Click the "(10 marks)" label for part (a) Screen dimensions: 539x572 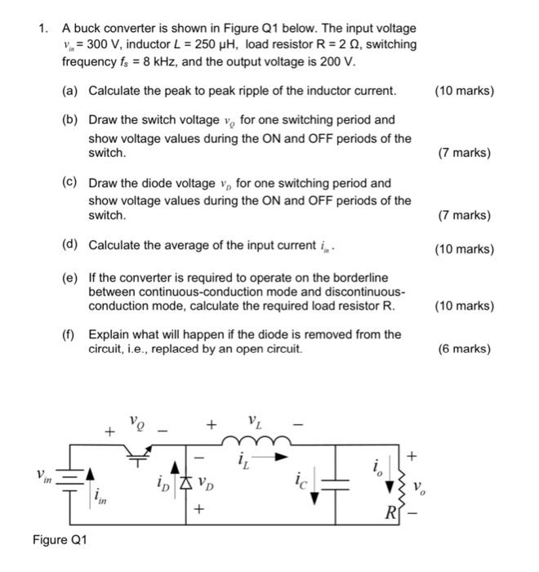[x=465, y=91]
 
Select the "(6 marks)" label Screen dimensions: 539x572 [x=465, y=349]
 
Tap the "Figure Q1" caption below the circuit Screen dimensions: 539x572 [x=60, y=540]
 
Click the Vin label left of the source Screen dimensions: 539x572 [x=43, y=476]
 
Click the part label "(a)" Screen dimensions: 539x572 [x=70, y=91]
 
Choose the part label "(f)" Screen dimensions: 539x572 [x=70, y=334]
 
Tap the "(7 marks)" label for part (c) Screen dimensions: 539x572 [x=465, y=216]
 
